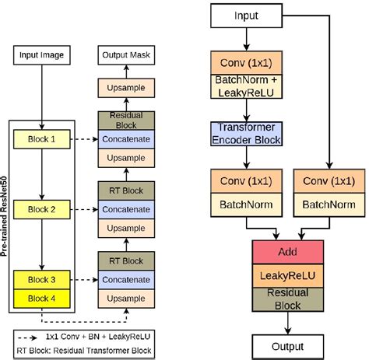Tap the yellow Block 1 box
pos(42,140)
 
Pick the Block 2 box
pos(42,211)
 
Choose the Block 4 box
pos(42,299)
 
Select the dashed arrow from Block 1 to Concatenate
pos(83,140)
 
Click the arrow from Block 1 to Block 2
pos(42,175)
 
